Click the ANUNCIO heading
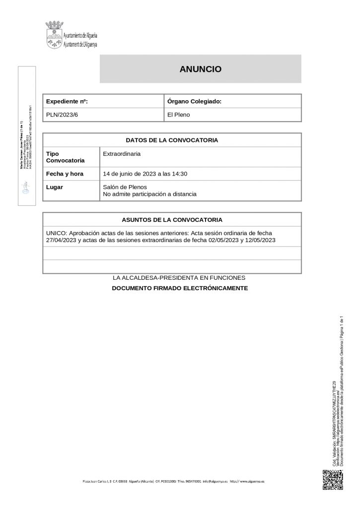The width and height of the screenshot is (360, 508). tap(200, 69)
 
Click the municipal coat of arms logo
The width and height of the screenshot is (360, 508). tap(54, 35)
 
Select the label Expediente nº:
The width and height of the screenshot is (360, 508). tap(67, 101)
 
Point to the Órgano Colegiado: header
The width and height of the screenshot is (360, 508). tap(194, 101)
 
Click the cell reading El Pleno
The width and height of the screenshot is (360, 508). tap(179, 115)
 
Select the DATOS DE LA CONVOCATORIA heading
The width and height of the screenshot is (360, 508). tap(172, 140)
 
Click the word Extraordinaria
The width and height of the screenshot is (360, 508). tap(122, 154)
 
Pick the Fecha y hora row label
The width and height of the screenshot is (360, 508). tap(65, 174)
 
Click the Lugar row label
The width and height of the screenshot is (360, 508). tap(54, 187)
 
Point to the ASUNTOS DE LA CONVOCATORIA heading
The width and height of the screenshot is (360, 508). tap(172, 219)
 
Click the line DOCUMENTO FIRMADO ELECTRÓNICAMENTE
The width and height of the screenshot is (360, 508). tap(179, 288)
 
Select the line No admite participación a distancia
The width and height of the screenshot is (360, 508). tap(149, 194)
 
